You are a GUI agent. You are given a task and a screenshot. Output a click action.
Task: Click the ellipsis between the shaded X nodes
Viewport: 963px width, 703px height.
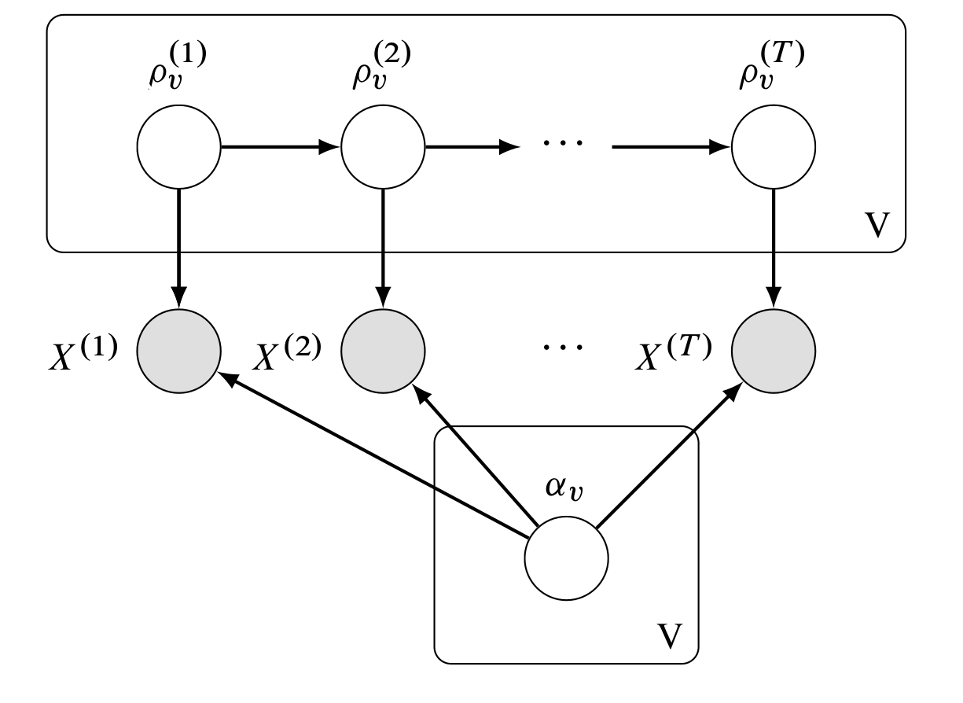[x=564, y=347]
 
